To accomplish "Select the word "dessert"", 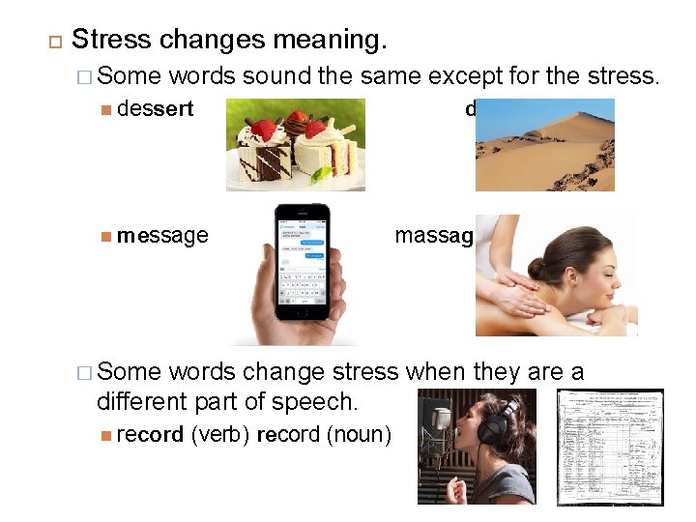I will click(155, 109).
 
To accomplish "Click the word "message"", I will click(162, 235).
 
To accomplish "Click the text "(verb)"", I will click(220, 435).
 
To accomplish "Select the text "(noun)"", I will click(360, 435).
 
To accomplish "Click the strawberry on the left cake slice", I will click(262, 130).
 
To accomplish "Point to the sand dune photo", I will click(544, 145).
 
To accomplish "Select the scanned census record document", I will click(611, 447).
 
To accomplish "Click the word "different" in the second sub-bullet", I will click(144, 399).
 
